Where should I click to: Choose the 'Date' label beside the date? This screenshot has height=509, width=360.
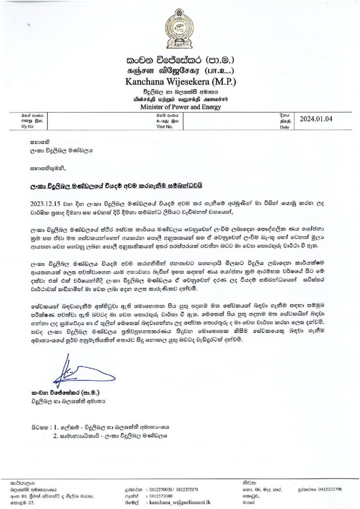point(284,127)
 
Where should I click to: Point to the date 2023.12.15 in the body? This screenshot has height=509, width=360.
point(43,203)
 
